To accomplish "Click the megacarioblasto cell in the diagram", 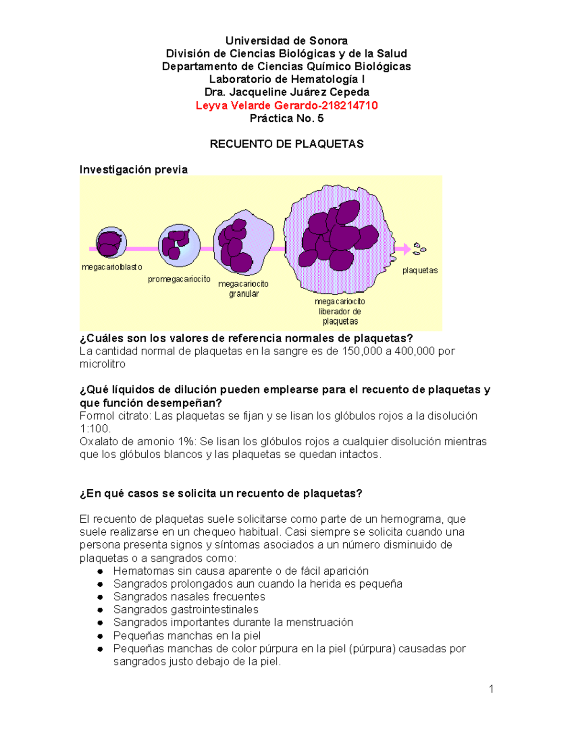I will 111,243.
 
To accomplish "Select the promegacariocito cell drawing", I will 179,245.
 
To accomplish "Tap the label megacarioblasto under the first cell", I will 112,267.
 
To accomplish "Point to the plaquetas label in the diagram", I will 420,270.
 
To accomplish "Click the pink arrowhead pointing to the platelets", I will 407,248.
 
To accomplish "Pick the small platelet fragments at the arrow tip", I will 419,248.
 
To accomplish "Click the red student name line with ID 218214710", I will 287,106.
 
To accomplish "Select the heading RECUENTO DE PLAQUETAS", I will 287,144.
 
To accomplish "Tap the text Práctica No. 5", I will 287,118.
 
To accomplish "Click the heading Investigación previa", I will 133,170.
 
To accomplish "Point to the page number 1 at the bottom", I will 491,688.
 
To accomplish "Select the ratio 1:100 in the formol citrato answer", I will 94,429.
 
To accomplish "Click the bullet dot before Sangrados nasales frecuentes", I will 100,597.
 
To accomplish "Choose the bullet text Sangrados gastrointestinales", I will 186,609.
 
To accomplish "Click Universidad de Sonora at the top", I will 287,41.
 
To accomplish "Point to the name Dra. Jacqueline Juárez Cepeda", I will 287,92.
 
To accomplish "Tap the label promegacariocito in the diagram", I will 179,279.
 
